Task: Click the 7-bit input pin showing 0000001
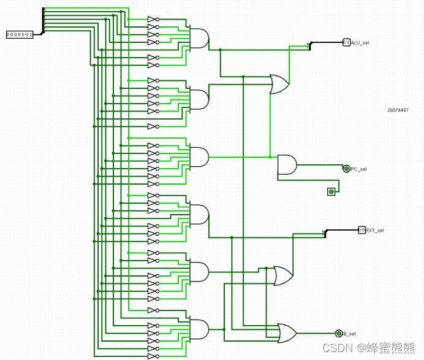20,34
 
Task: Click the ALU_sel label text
360,42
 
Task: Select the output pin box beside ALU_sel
346,42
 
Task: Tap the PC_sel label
358,169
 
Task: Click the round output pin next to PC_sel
347,169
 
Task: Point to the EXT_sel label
376,230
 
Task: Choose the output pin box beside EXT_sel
362,230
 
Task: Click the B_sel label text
349,333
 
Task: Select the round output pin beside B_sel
338,333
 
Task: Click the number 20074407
398,110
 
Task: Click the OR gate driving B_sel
287,332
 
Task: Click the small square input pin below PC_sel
331,192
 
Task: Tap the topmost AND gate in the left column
199,38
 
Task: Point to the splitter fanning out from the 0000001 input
43,21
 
